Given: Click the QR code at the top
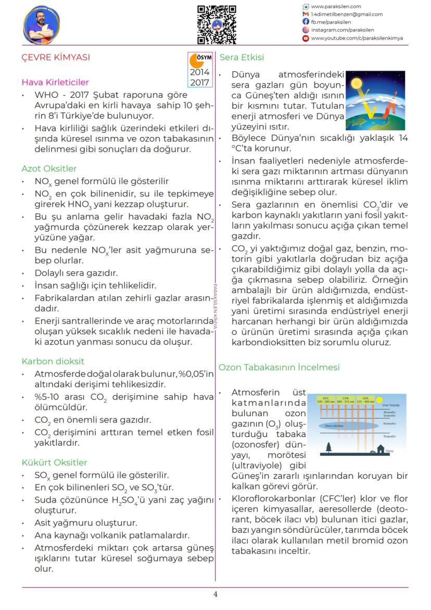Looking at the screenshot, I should point(217,24).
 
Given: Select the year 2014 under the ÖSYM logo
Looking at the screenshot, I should point(200,73).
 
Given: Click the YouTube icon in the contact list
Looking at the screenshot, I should point(306,38).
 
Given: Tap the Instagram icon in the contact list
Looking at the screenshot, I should point(306,30).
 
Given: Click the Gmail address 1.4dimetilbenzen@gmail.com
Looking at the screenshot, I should point(347,15).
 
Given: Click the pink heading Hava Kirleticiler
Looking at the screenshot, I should point(55,82).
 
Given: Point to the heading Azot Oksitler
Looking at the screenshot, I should point(49,168).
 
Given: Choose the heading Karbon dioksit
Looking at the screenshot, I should point(53,361).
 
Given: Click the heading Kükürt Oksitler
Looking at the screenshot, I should point(54,462).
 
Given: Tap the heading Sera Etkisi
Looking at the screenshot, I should point(242,57).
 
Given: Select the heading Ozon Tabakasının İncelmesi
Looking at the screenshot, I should point(279,367).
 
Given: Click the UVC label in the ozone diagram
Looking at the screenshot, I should point(325,399).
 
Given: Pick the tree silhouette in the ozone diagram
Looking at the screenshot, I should point(328,447).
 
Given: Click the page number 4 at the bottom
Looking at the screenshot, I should point(215,594).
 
